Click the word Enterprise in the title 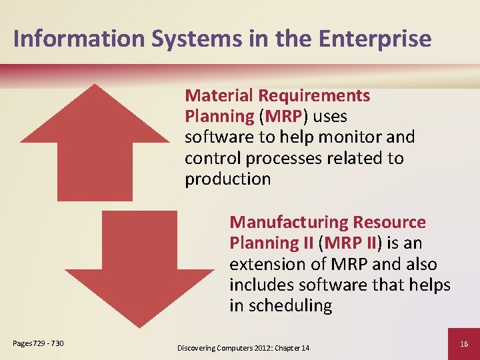pos(375,38)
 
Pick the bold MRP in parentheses pos(283,117)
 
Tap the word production pos(227,179)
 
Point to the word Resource pos(392,222)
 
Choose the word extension pos(269,264)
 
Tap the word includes pos(261,285)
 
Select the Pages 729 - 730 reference pos(38,343)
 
